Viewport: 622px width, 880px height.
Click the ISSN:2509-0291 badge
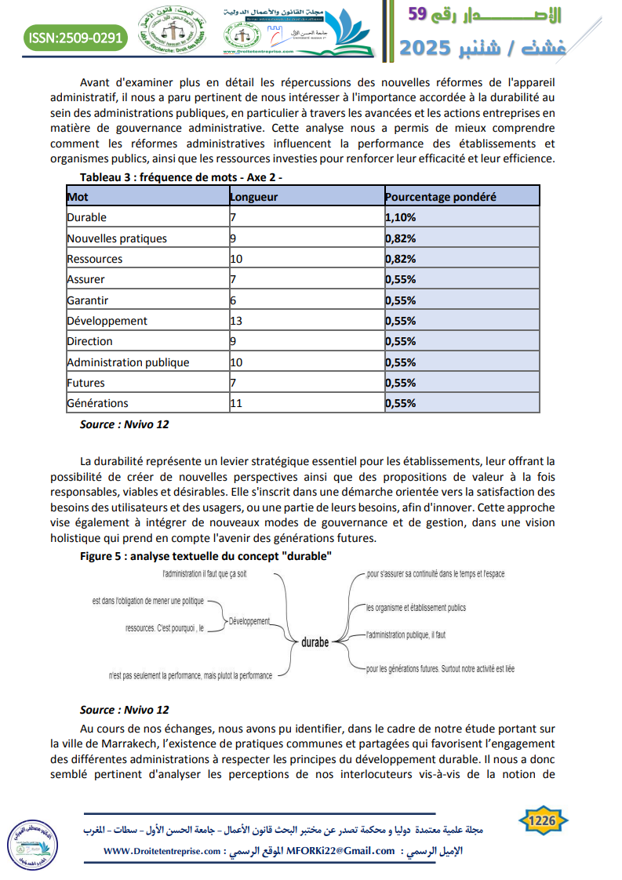point(75,37)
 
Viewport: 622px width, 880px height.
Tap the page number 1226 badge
point(542,821)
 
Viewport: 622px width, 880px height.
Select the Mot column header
point(78,197)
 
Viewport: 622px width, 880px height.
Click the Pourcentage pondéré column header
point(440,197)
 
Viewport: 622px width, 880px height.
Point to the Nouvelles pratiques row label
point(117,238)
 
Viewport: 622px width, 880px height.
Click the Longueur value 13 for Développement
point(237,321)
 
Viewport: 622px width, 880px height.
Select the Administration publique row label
point(128,362)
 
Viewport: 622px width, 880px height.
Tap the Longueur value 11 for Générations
point(236,403)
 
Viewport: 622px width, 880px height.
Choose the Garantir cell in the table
point(88,300)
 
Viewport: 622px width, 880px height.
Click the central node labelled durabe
point(315,643)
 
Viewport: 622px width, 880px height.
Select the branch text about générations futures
point(440,669)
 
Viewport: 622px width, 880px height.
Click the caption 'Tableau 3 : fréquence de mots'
point(180,177)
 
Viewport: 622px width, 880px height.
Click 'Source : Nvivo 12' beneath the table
point(124,424)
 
